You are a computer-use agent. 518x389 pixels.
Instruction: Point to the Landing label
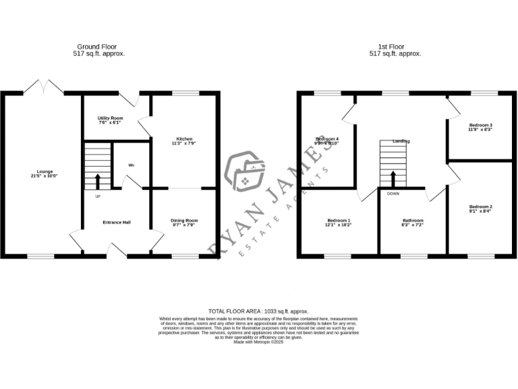[401, 141]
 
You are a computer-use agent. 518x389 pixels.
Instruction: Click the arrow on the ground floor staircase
[98, 180]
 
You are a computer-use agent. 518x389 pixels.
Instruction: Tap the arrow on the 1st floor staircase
[393, 178]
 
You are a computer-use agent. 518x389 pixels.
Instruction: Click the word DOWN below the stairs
[393, 193]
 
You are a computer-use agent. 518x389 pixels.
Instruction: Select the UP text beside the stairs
[97, 197]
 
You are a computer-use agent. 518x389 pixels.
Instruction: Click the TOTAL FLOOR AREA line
[259, 311]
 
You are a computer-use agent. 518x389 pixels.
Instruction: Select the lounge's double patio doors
[43, 87]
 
